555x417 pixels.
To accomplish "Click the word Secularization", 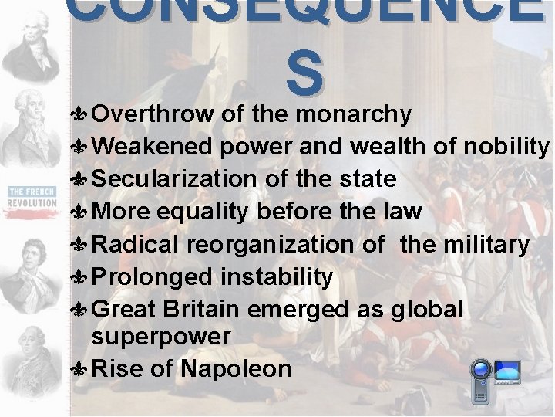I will (173, 179).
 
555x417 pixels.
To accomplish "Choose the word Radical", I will (135, 245).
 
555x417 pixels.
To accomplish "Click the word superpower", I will (160, 337).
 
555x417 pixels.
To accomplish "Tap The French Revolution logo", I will (32, 196).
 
